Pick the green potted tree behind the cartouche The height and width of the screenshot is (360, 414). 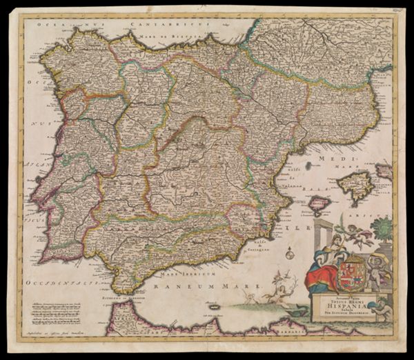[x=380, y=228]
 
